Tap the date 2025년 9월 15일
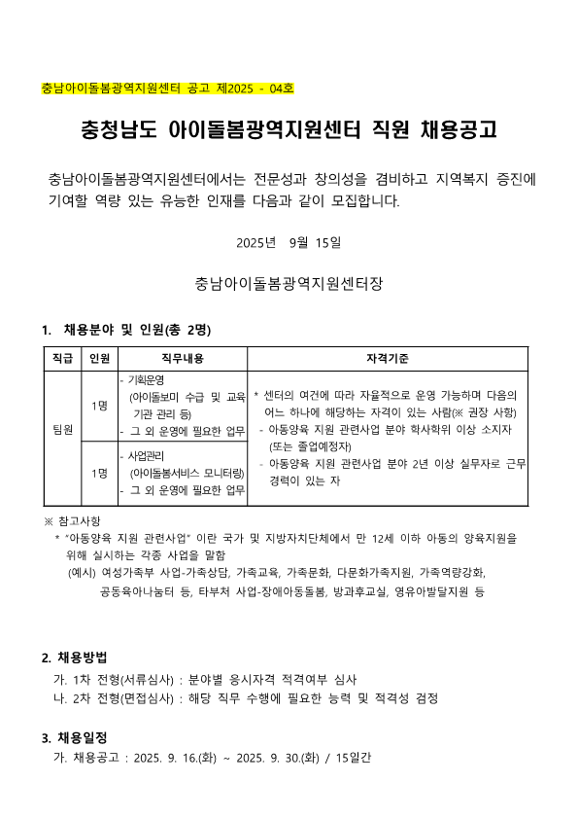pos(289,241)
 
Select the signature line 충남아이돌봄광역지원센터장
pos(289,285)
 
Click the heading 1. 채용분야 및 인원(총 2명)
pos(126,331)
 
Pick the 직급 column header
pos(62,359)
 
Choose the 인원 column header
pos(99,359)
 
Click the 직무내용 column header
pos(182,359)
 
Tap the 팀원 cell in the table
pos(62,429)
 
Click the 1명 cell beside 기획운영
pos(99,405)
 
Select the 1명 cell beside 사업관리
pos(99,473)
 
